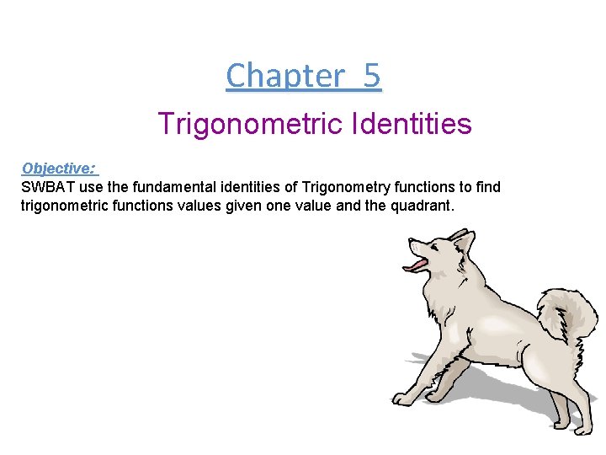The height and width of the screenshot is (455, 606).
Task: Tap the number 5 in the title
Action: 372,76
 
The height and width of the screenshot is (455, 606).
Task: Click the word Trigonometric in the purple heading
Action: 246,125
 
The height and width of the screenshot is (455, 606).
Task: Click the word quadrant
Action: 423,205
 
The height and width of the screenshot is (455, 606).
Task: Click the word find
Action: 487,186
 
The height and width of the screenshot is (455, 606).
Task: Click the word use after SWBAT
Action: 90,186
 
